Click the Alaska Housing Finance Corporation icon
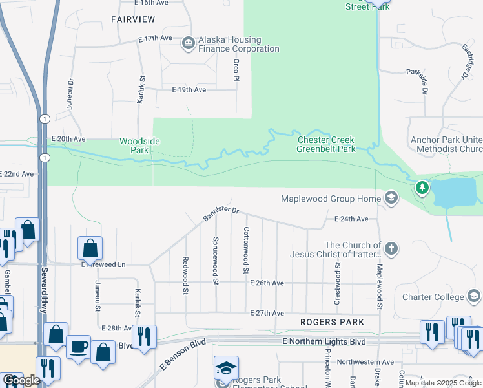(x=189, y=43)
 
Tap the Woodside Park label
(x=139, y=145)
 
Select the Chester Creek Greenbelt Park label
(x=326, y=144)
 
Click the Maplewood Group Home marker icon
(x=391, y=199)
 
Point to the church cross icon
(x=391, y=249)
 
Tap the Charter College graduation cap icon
(x=473, y=297)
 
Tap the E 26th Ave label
(x=267, y=283)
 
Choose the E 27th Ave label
(x=267, y=313)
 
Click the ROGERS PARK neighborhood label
(x=331, y=322)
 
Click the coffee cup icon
(x=78, y=347)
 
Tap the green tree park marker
(x=422, y=188)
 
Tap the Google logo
(x=21, y=381)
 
